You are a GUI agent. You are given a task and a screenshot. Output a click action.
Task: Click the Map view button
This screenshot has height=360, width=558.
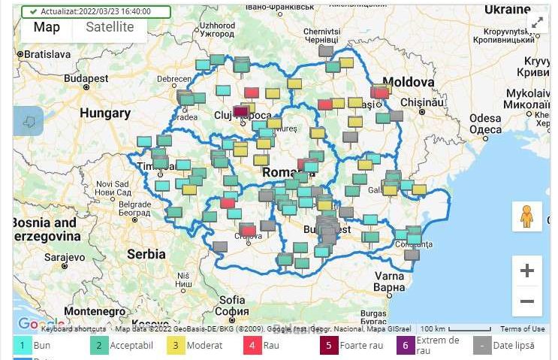pyautogui.click(x=47, y=28)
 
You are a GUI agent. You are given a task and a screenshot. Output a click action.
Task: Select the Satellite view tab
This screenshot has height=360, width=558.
pyautogui.click(x=110, y=28)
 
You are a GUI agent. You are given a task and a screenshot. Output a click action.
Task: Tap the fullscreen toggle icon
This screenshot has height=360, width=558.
pyautogui.click(x=538, y=23)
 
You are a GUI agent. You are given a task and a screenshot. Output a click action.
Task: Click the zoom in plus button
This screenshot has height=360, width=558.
pyautogui.click(x=526, y=271)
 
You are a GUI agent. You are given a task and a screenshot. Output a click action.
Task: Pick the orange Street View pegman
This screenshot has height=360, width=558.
pyautogui.click(x=526, y=216)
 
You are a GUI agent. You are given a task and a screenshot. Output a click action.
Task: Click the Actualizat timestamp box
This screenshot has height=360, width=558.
pyautogui.click(x=95, y=12)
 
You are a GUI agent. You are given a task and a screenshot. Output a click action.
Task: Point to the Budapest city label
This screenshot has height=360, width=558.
pyautogui.click(x=86, y=78)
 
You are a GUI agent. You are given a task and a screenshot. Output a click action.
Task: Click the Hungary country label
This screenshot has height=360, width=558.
pyautogui.click(x=105, y=113)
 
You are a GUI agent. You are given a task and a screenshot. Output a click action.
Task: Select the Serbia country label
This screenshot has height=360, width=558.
pyautogui.click(x=146, y=254)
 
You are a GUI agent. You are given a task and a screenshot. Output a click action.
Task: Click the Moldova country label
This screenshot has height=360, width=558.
pyautogui.click(x=409, y=82)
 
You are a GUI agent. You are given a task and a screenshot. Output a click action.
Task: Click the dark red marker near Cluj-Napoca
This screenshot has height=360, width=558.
pyautogui.click(x=241, y=112)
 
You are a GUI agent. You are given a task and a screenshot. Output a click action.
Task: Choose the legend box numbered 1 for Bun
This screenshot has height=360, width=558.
pyautogui.click(x=23, y=346)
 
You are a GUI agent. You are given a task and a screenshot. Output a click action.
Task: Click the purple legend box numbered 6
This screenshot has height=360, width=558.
pyautogui.click(x=406, y=346)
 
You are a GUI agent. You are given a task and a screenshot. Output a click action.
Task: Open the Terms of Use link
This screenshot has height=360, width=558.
pyautogui.click(x=523, y=329)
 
